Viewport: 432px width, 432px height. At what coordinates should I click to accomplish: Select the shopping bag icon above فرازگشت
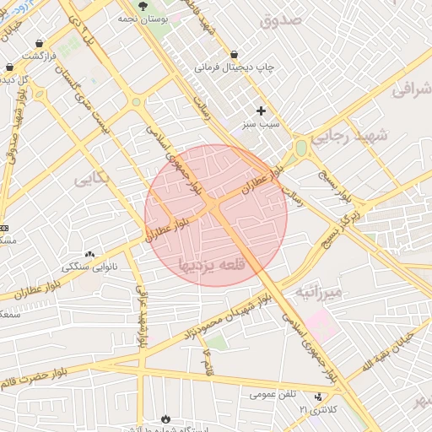(40, 42)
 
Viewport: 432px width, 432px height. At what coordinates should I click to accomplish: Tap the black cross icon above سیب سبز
(261, 111)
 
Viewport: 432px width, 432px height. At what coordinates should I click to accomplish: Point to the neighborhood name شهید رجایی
(348, 135)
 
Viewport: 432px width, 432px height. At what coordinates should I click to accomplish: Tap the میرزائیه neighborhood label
(319, 292)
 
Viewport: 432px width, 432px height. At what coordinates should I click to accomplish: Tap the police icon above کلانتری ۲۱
(318, 396)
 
